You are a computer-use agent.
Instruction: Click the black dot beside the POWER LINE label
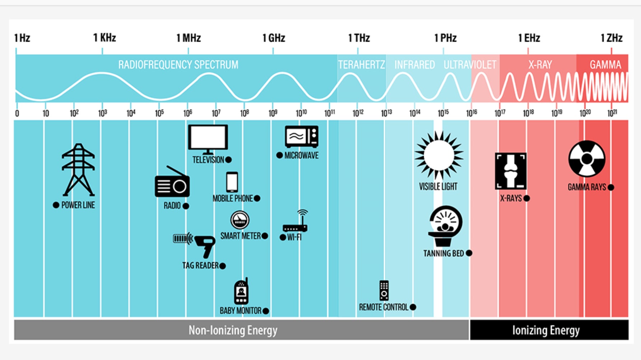(56, 205)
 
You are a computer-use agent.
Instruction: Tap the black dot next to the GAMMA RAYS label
(611, 187)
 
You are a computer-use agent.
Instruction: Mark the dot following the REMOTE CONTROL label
(413, 307)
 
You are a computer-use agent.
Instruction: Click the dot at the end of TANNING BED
(469, 253)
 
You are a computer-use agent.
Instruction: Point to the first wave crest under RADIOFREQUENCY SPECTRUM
(102, 74)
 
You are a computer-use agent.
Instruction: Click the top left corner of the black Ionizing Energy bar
(470, 320)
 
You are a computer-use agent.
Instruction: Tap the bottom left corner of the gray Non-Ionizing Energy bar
(14, 340)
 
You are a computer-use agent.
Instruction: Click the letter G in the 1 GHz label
(272, 38)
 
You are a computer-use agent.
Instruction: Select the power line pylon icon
(78, 170)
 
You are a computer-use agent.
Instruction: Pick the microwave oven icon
(302, 136)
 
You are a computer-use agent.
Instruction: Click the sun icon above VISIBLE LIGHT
(439, 155)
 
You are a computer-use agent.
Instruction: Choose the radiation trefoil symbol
(587, 159)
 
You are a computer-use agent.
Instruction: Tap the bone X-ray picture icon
(511, 171)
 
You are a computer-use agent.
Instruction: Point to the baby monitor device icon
(241, 291)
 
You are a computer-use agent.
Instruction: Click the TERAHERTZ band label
(361, 65)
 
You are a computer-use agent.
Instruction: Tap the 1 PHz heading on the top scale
(445, 38)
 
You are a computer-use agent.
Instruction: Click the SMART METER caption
(240, 236)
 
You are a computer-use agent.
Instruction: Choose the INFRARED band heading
(415, 65)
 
